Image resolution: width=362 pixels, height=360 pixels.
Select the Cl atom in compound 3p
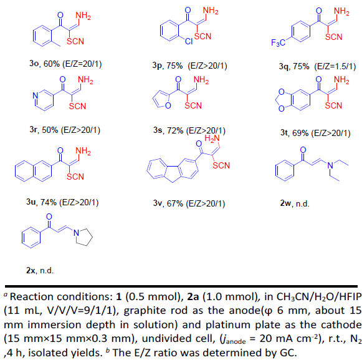tap(189, 41)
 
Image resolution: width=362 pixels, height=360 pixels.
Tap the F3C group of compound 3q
tap(278, 42)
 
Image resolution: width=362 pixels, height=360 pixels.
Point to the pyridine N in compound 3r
tap(36, 95)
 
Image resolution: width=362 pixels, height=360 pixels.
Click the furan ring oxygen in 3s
tap(168, 105)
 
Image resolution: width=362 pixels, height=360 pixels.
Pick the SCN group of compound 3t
tap(333, 105)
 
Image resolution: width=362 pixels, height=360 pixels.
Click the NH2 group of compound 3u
tap(83, 151)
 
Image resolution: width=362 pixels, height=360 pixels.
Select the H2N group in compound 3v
tap(212, 139)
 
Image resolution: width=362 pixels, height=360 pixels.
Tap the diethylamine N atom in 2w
tap(330, 165)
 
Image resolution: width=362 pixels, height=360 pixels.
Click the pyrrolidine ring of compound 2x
tap(84, 237)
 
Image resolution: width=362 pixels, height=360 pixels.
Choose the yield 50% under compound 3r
tap(50, 130)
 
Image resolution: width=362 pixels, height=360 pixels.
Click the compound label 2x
tap(31, 270)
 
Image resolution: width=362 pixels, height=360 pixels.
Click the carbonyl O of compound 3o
tap(60, 15)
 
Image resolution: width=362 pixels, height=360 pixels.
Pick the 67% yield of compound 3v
tap(174, 203)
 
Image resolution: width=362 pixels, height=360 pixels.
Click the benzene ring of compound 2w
tap(285, 171)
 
